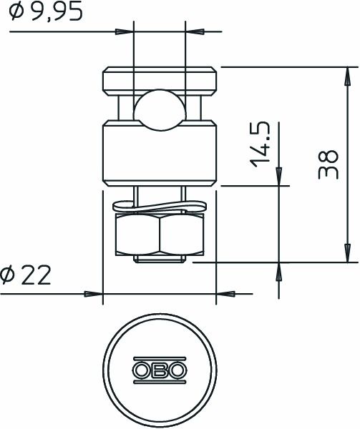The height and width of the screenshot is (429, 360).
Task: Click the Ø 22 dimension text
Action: (26, 275)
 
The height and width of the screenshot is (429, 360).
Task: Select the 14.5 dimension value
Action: (261, 144)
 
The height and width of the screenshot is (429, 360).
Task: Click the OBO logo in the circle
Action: (159, 370)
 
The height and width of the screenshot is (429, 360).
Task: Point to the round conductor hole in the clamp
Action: (159, 109)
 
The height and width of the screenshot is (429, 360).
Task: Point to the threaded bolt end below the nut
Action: (159, 258)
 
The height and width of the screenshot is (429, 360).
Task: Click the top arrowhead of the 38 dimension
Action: (346, 75)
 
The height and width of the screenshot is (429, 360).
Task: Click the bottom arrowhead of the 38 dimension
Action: (346, 254)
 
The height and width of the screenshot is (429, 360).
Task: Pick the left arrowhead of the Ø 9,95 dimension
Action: (126, 31)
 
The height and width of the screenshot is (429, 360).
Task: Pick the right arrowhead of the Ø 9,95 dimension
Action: (193, 31)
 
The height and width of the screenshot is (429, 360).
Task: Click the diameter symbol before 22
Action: (8, 275)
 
